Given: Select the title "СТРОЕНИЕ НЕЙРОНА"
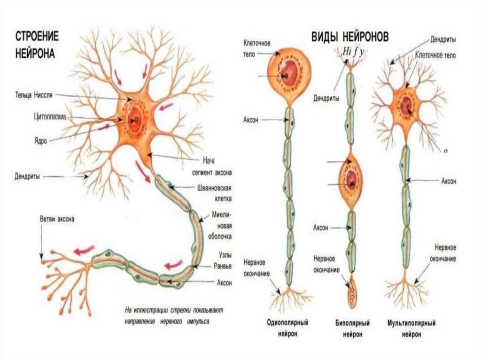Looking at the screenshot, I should (x=36, y=45).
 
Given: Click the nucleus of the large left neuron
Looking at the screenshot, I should (x=135, y=119).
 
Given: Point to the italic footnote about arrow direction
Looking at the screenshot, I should (x=174, y=316).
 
